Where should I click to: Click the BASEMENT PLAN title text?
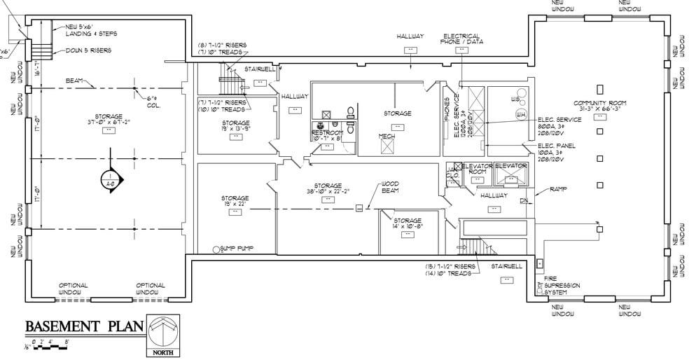(x=83, y=326)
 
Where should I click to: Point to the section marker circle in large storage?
(x=111, y=180)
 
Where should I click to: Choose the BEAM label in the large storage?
(x=76, y=81)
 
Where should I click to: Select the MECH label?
(x=387, y=137)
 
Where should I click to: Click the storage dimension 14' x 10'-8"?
(x=407, y=226)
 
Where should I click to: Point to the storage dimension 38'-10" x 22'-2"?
(x=327, y=190)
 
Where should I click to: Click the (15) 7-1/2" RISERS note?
(x=450, y=267)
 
